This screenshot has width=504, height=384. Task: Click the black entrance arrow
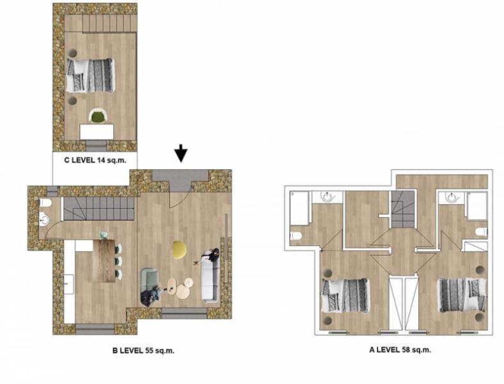(181, 153)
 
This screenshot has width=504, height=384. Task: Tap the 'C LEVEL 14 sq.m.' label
(95, 160)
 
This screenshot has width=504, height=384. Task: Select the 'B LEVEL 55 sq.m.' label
(143, 351)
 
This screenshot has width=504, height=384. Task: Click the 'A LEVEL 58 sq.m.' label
(400, 350)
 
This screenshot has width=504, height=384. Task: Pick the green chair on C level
(98, 116)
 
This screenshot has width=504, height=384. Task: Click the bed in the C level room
(90, 76)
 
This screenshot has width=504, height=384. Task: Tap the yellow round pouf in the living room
(180, 249)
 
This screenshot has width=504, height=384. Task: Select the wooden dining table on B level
(104, 260)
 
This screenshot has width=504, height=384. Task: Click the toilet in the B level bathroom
(45, 204)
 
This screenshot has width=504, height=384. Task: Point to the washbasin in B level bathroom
(44, 220)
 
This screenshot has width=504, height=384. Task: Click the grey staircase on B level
(98, 209)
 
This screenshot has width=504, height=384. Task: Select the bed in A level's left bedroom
(345, 295)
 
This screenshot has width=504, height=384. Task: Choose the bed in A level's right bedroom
(462, 295)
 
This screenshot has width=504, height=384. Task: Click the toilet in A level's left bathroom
(296, 236)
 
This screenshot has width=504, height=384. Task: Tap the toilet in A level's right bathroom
(481, 232)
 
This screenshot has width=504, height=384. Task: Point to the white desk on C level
(97, 132)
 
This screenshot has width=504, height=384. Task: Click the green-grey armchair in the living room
(150, 286)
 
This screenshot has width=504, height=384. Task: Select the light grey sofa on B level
(210, 276)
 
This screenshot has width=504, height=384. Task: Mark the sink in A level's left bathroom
(327, 197)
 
